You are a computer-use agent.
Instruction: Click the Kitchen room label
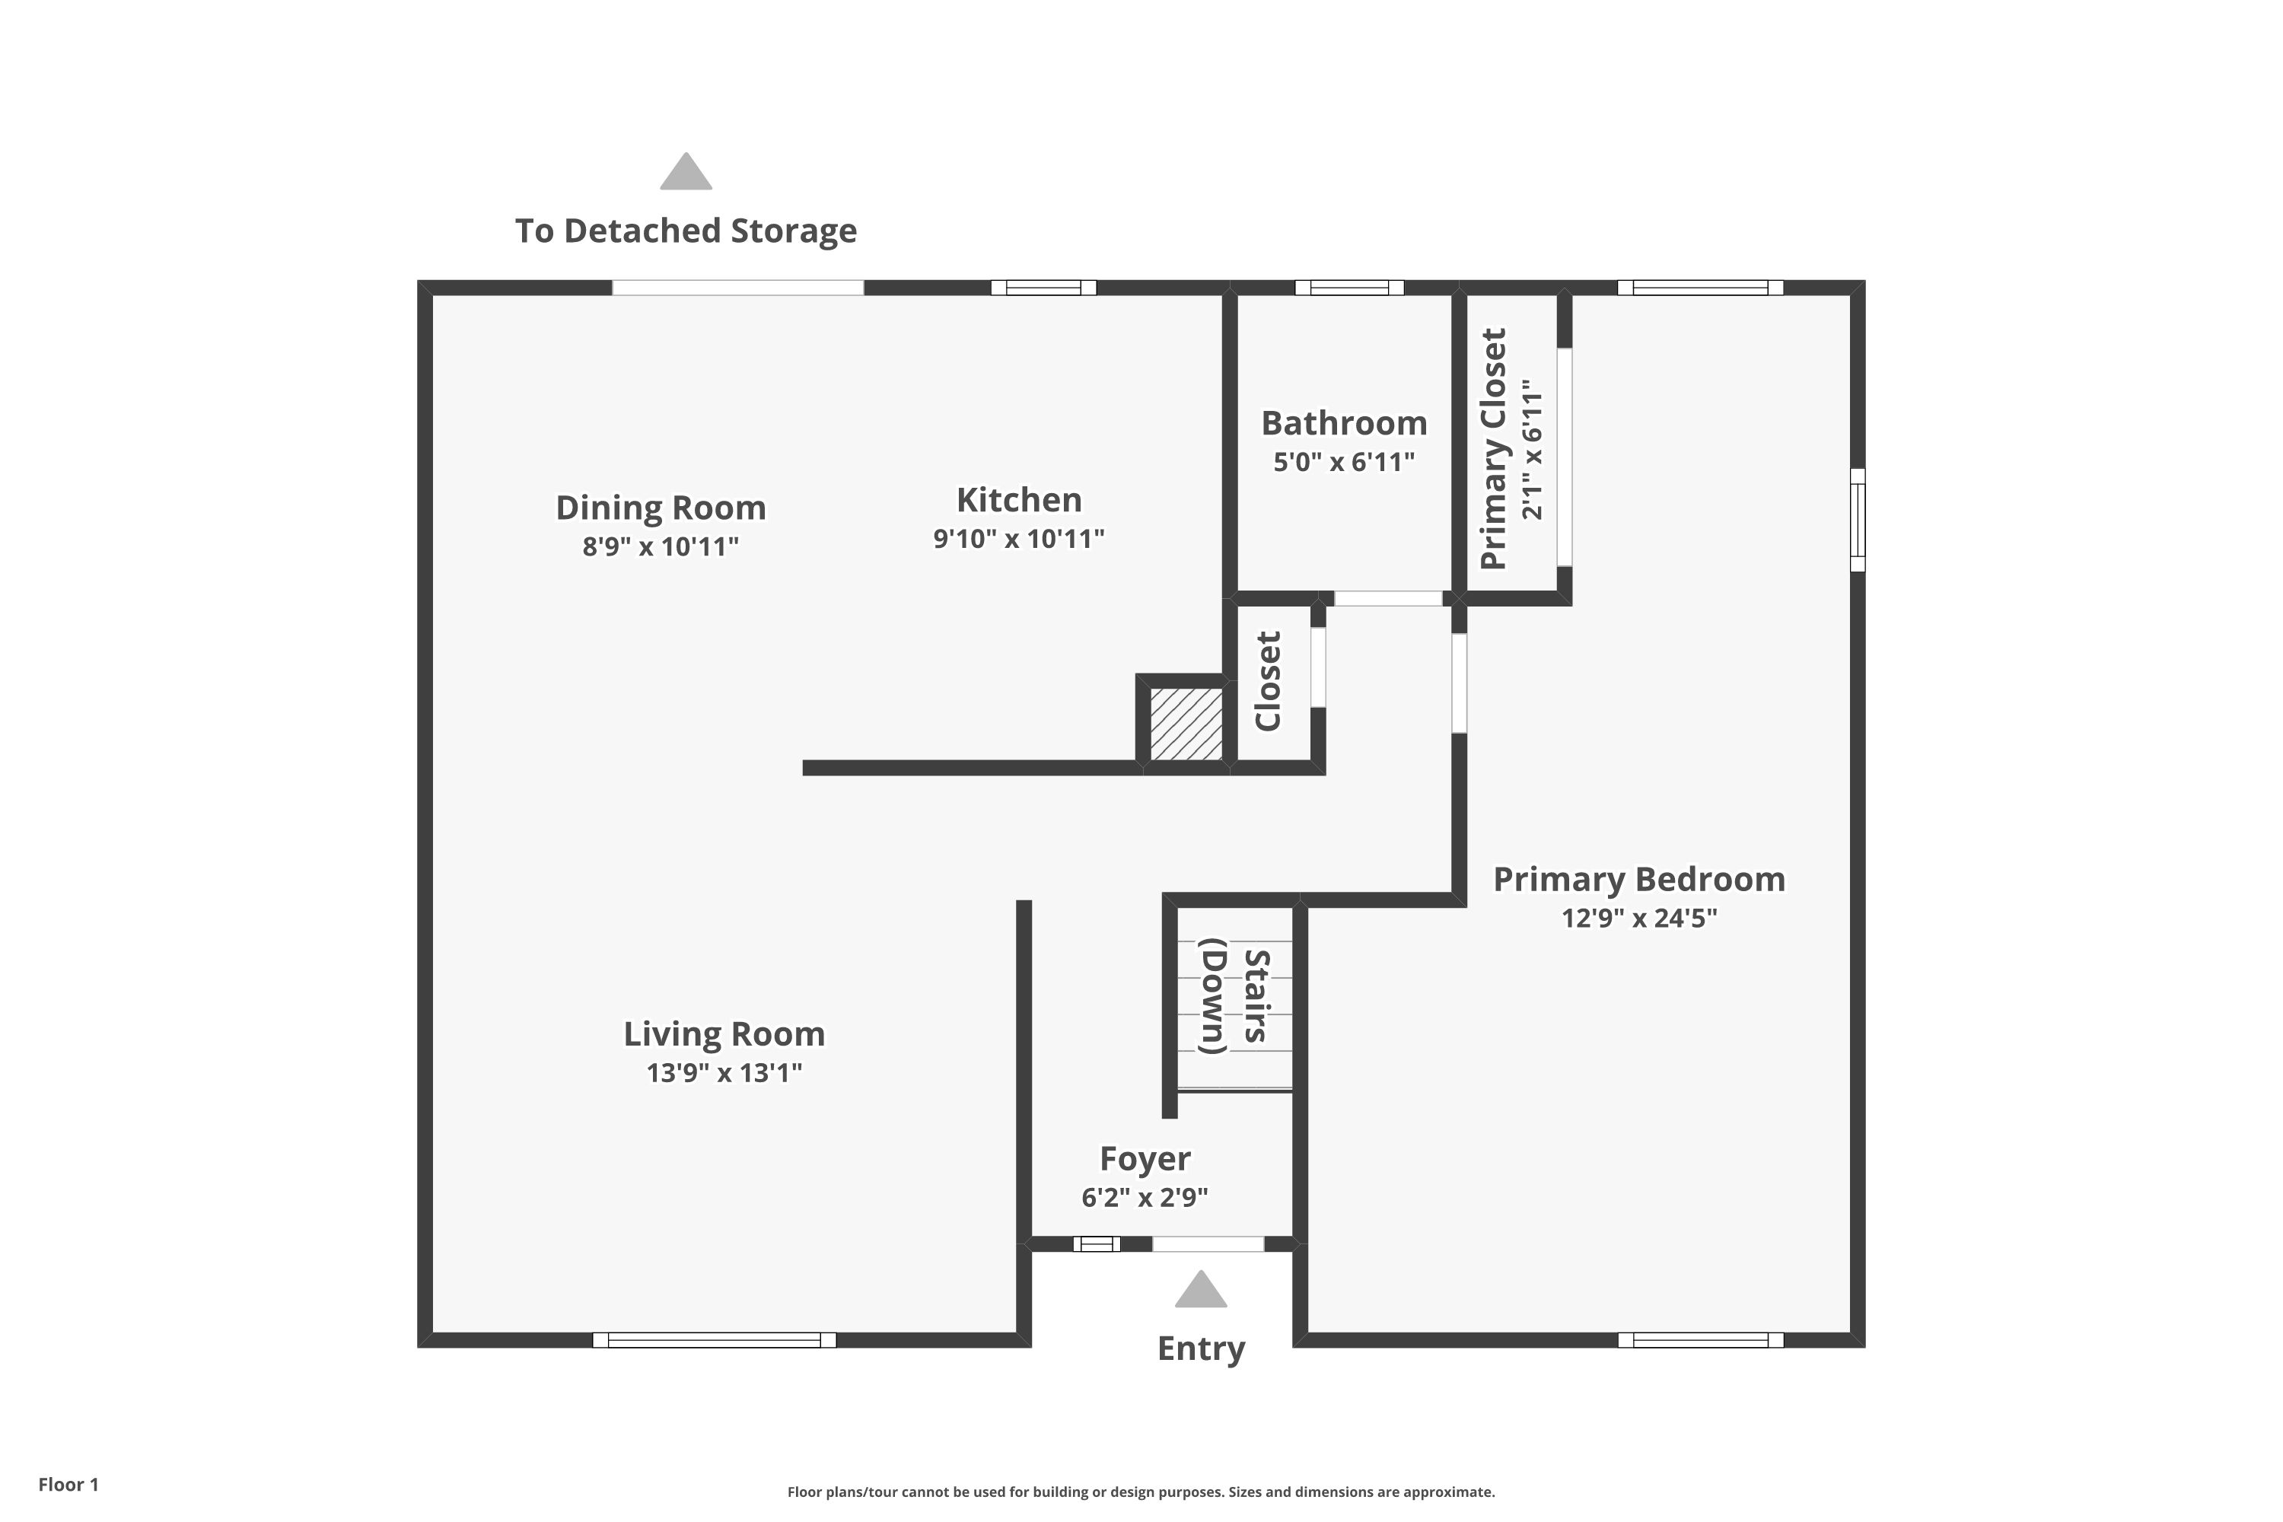1018,500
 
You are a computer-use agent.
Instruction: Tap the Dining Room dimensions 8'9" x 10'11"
660,546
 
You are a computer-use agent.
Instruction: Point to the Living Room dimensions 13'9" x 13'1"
724,1072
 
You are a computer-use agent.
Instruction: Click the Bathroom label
1345,423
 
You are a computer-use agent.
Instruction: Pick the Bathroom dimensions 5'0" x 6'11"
1345,462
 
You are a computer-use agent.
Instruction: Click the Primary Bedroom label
1639,880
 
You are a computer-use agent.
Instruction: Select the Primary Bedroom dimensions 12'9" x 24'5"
1639,919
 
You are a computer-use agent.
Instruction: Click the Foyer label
1145,1159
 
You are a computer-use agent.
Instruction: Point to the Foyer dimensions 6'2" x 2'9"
1145,1198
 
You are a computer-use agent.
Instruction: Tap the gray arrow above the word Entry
1201,1289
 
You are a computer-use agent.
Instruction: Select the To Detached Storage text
686,231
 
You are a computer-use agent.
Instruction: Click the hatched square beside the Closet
1186,725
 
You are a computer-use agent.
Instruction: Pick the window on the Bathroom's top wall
1349,288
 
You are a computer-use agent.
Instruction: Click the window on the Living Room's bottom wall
715,1340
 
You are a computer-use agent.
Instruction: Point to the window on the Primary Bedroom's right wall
1858,521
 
